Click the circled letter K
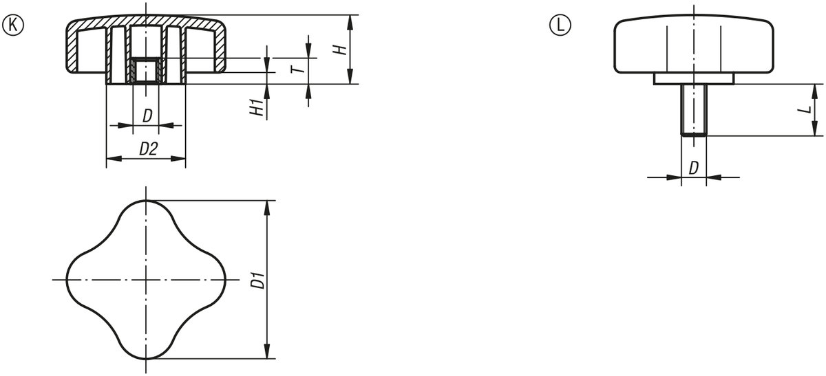point(13,25)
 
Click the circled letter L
point(560,25)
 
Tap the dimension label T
point(299,69)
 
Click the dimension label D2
point(148,148)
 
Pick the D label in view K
point(147,115)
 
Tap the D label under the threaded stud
point(694,168)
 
